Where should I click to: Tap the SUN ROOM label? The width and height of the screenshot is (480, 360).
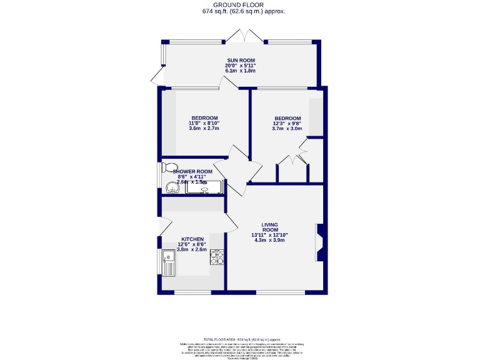point(241,59)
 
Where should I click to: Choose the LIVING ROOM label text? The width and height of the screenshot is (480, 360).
point(270,227)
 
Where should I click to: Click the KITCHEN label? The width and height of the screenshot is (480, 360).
point(192,239)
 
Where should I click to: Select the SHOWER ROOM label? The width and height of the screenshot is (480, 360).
point(193,171)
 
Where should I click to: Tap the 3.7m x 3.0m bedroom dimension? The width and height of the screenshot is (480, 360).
point(287,130)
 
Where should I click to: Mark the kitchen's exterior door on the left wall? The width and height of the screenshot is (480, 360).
point(164,226)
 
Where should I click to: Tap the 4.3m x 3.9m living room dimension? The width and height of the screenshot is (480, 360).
point(270,240)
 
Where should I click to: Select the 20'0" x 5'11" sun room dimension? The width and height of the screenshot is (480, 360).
point(241,65)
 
